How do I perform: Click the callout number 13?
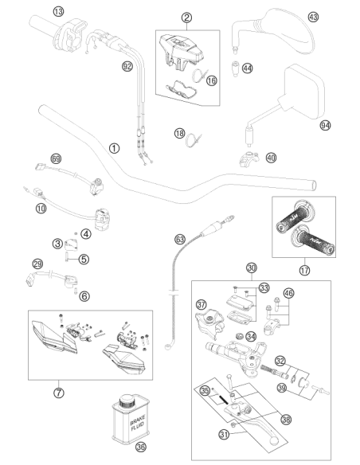58,12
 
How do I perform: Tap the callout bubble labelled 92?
127,66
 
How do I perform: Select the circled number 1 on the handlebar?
114,148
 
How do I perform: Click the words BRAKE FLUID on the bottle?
138,422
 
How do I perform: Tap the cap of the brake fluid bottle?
127,402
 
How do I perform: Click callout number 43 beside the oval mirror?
313,17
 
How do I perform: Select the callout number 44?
248,68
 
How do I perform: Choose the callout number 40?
271,158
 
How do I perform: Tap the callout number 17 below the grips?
304,270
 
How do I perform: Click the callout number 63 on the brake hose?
180,239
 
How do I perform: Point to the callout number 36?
140,447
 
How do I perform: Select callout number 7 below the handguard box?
59,393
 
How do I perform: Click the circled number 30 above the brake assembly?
252,268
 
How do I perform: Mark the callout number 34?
251,336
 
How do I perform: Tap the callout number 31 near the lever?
224,435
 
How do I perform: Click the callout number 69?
56,158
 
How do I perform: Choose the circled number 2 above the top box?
186,18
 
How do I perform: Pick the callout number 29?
37,264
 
